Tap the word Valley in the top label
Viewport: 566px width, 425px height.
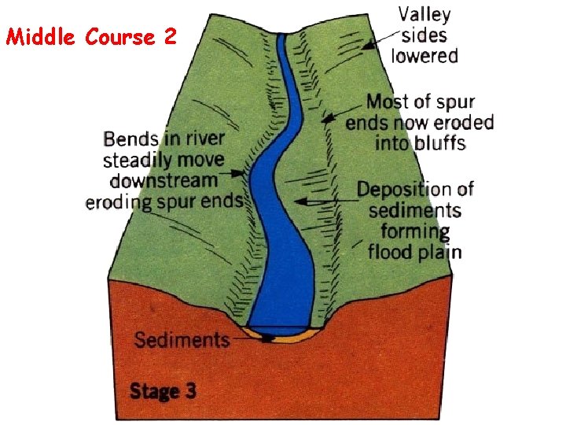(424, 14)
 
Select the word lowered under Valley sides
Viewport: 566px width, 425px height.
(424, 56)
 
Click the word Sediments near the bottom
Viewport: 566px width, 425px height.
(181, 340)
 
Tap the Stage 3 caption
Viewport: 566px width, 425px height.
(163, 390)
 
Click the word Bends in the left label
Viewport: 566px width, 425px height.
(130, 139)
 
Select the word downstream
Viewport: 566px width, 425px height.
(164, 180)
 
